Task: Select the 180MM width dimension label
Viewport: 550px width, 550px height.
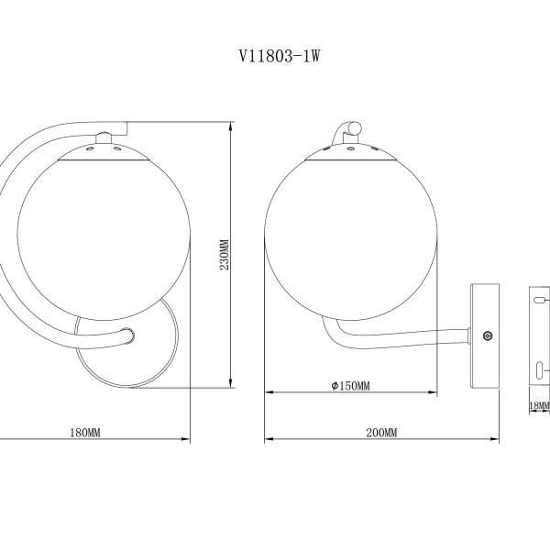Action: (85, 431)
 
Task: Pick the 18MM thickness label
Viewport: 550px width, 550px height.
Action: (539, 404)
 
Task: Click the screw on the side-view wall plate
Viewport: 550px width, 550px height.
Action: (487, 335)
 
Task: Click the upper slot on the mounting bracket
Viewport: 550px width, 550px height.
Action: (540, 299)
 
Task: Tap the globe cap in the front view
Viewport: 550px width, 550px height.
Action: (103, 152)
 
